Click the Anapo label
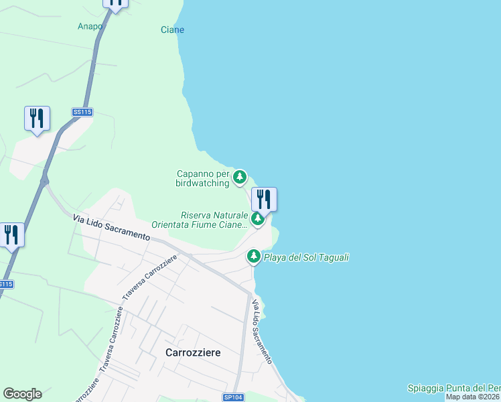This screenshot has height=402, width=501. click(90, 27)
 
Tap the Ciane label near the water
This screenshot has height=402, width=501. click(172, 30)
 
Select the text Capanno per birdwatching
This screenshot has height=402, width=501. click(202, 178)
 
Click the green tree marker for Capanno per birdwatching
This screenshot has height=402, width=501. click(240, 178)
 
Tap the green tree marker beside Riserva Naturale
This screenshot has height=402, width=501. click(257, 218)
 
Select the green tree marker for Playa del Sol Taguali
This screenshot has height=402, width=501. click(254, 256)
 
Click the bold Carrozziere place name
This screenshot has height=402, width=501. click(193, 352)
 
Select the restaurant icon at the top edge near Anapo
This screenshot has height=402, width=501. click(116, 3)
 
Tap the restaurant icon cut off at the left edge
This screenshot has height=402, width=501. click(11, 234)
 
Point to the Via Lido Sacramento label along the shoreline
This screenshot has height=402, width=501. click(261, 332)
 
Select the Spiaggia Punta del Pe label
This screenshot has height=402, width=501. click(453, 389)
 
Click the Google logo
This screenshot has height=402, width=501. click(22, 394)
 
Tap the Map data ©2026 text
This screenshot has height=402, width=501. click(473, 397)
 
